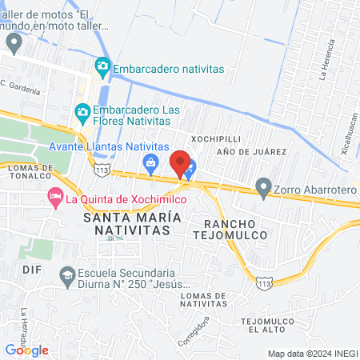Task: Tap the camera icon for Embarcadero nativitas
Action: coord(102,66)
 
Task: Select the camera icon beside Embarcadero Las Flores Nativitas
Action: coord(82,111)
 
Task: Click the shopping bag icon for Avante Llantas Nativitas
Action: coord(150,162)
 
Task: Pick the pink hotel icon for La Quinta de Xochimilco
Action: coord(55,195)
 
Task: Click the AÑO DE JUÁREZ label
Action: coord(251,151)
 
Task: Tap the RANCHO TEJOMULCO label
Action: coord(229,228)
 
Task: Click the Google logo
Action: coord(26,350)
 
